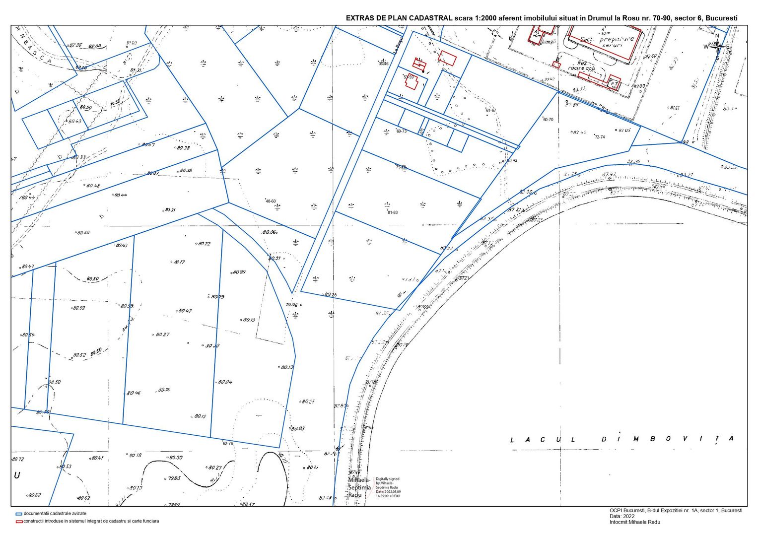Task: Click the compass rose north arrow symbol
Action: [717, 46]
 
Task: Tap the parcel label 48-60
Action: [271, 201]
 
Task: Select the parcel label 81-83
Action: [392, 212]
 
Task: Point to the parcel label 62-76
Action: [228, 444]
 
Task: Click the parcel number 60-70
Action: [548, 120]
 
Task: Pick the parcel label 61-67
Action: [491, 110]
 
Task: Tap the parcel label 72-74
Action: [600, 137]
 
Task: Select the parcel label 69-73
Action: [401, 132]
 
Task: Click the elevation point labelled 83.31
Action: [169, 210]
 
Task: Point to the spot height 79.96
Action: [291, 305]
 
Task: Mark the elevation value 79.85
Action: [174, 478]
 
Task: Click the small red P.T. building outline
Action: [614, 82]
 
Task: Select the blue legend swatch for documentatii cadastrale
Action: [19, 514]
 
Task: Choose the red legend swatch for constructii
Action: [19, 521]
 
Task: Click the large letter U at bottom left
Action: [17, 475]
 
